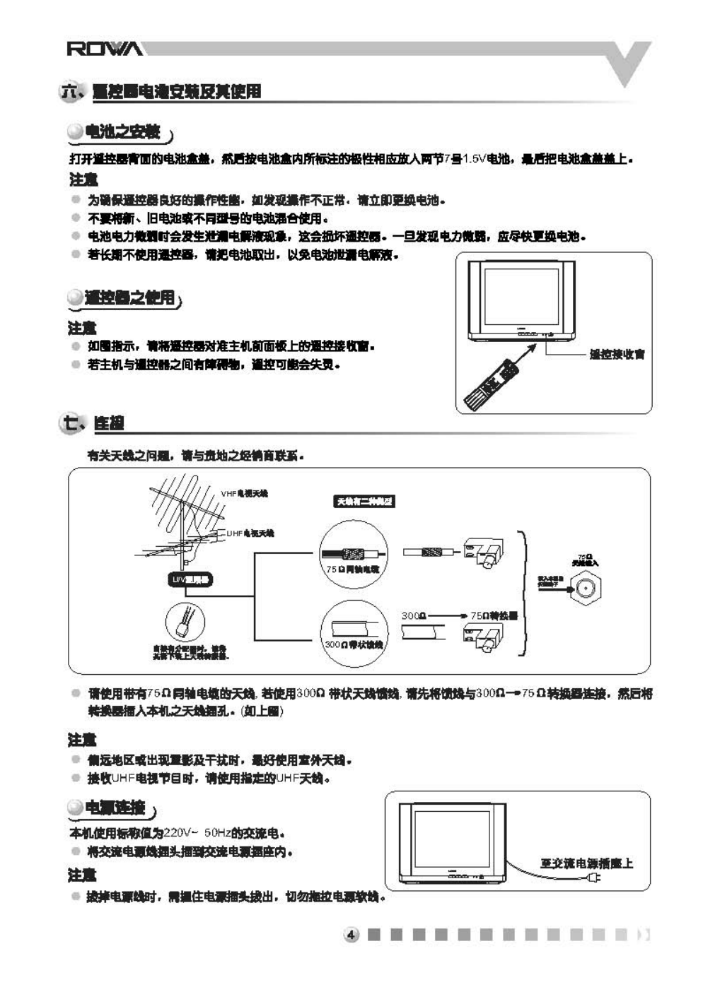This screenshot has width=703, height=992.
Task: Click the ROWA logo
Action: pyautogui.click(x=104, y=49)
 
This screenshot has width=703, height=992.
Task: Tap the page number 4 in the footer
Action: pyautogui.click(x=351, y=935)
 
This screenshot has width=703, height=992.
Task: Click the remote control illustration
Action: pyautogui.click(x=492, y=386)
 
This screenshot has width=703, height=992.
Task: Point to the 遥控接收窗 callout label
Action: pyautogui.click(x=617, y=354)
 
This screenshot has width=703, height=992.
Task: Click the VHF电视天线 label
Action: pyautogui.click(x=245, y=493)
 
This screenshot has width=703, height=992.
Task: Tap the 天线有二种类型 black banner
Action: pyautogui.click(x=364, y=502)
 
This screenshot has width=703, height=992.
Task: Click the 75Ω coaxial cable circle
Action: pyautogui.click(x=352, y=555)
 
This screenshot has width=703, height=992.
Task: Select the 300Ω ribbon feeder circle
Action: pyautogui.click(x=354, y=633)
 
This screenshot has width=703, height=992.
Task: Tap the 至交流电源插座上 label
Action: pyautogui.click(x=586, y=863)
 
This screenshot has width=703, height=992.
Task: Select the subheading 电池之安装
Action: pyautogui.click(x=122, y=132)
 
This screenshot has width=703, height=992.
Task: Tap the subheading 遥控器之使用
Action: pyautogui.click(x=129, y=297)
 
